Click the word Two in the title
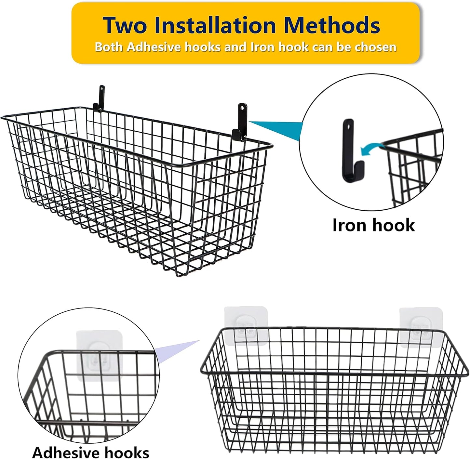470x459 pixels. [125, 25]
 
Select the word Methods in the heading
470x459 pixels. [332, 25]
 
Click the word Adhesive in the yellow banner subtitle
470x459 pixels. [155, 47]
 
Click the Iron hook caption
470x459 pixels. [373, 225]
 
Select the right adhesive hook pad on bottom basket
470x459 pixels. [421, 327]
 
